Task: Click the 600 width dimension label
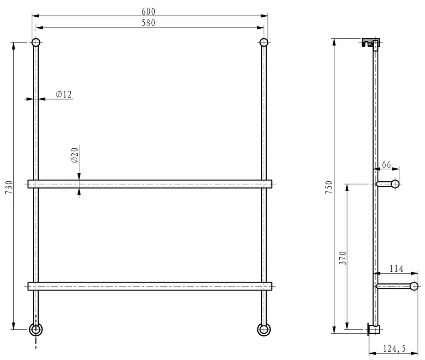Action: [148, 11]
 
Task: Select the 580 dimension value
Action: [148, 23]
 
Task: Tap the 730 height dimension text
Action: [9, 187]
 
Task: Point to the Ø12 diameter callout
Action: [64, 94]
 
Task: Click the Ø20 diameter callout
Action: [75, 155]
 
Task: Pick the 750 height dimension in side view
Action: [328, 187]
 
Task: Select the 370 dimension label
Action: [343, 258]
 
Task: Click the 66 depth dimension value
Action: [386, 164]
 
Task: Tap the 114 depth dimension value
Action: [396, 268]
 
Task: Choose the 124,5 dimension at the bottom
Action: [394, 348]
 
